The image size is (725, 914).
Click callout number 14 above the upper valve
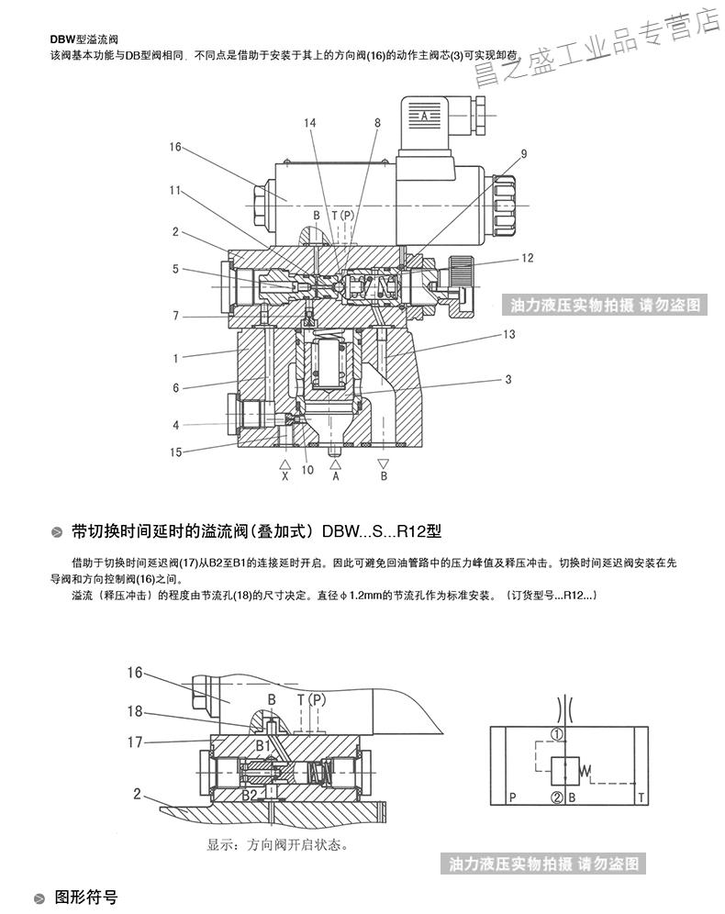311,123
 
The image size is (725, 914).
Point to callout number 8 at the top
376,123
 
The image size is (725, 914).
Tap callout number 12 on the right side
527,259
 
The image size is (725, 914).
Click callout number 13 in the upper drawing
508,336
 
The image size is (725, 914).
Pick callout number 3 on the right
507,379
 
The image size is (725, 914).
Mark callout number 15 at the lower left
175,451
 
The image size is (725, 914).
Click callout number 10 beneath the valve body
307,470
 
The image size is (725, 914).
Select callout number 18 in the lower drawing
136,711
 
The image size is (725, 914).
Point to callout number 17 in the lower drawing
136,739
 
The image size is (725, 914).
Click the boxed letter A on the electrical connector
424,117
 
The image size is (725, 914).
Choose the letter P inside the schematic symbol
511,798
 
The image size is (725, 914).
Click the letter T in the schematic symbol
640,798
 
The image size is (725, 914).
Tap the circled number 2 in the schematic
557,797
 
